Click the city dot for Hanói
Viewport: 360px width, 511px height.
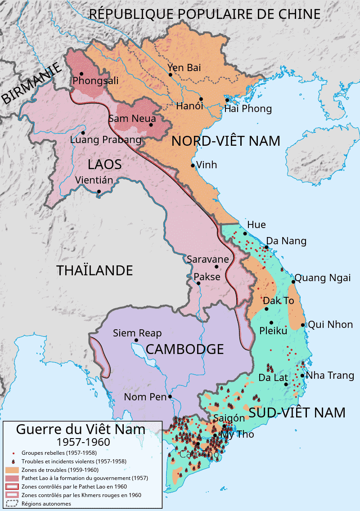click(201, 99)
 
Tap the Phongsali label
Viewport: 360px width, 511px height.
click(95, 81)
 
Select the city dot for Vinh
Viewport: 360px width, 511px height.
click(193, 166)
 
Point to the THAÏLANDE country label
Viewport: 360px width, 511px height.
click(94, 270)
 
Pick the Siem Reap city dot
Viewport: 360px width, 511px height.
click(135, 340)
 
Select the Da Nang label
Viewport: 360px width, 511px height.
click(286, 241)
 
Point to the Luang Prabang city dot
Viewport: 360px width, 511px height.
click(83, 132)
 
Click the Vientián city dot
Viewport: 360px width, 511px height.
click(99, 192)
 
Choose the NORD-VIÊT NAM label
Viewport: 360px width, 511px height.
click(226, 141)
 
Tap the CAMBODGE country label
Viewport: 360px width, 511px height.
click(184, 349)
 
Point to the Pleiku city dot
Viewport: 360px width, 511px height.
click(271, 323)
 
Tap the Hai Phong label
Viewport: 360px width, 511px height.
click(248, 108)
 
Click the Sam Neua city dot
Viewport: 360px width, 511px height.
click(151, 125)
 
